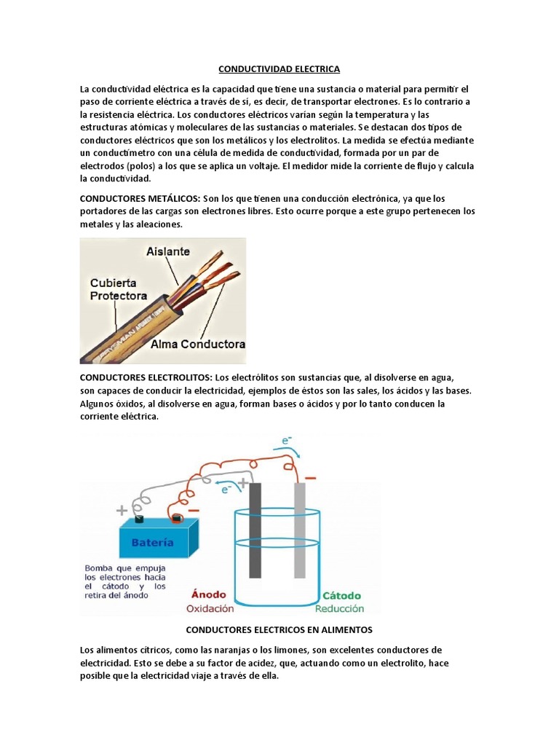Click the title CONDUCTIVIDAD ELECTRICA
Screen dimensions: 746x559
(279, 69)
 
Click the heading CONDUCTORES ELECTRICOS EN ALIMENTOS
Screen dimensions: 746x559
(279, 629)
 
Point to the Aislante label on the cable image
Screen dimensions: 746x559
(168, 251)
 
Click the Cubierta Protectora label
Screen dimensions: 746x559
(118, 289)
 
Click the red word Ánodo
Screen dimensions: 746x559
(209, 594)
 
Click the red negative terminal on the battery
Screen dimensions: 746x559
(176, 519)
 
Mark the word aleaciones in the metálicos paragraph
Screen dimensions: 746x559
(157, 225)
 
